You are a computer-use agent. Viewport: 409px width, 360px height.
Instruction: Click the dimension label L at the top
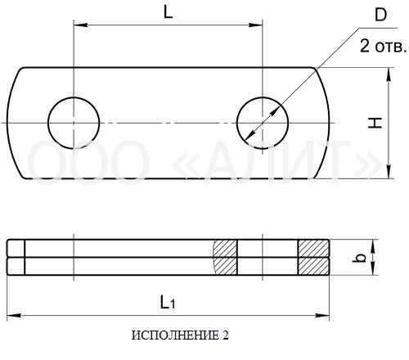pyautogui.click(x=169, y=12)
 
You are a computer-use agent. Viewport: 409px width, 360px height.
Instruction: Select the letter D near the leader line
pyautogui.click(x=380, y=15)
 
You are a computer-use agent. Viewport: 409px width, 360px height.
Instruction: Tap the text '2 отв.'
pyautogui.click(x=383, y=46)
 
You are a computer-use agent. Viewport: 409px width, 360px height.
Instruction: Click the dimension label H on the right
pyautogui.click(x=375, y=123)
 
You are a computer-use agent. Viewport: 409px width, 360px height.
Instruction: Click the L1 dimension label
pyautogui.click(x=168, y=303)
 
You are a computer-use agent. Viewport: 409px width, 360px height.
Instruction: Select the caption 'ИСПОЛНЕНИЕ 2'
pyautogui.click(x=180, y=335)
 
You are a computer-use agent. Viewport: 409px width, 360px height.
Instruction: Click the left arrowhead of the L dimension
pyautogui.click(x=80, y=25)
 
